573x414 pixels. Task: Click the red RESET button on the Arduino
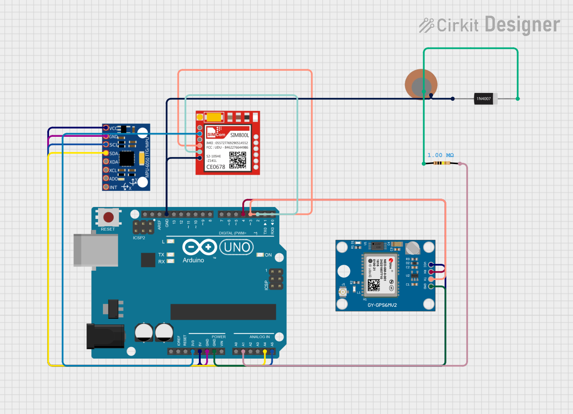[109, 217]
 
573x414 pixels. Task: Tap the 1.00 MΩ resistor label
[440, 155]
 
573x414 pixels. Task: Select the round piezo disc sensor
[421, 84]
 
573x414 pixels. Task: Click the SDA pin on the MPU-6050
[106, 153]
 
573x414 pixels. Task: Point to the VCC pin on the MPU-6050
[106, 128]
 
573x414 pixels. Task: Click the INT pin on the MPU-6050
[106, 187]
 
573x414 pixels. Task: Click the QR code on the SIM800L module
[238, 160]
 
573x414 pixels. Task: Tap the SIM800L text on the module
[240, 135]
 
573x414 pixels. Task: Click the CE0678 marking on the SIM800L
[216, 167]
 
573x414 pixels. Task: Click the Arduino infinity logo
[200, 248]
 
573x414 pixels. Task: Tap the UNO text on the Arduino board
[237, 248]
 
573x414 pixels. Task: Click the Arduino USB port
[96, 250]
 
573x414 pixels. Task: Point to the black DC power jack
[105, 336]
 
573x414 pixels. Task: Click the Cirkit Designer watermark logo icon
[426, 25]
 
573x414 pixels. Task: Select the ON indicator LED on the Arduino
[259, 255]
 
